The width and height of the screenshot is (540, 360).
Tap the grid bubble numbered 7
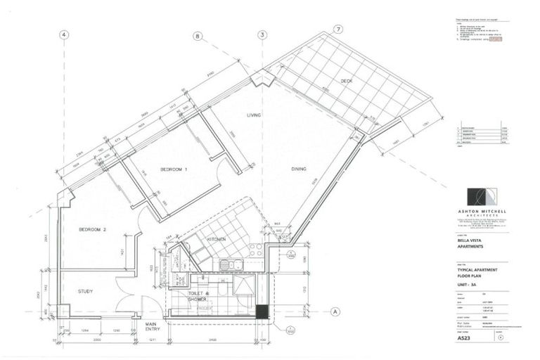coord(338,30)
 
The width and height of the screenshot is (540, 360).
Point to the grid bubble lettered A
coord(336,311)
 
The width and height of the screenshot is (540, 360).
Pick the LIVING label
coord(254,115)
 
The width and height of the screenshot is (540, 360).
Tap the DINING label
coord(302,169)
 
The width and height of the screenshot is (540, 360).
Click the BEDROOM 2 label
coord(92,230)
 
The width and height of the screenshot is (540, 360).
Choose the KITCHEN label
coord(216,240)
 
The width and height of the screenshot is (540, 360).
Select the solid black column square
coord(262,311)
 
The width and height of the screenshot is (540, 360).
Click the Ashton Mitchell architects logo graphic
coord(484,198)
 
